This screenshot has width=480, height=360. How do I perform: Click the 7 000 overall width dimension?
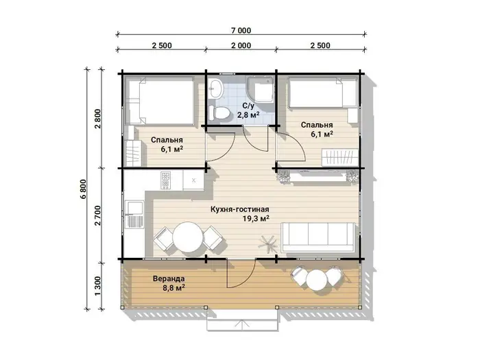[241, 31]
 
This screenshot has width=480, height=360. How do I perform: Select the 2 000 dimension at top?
[241, 46]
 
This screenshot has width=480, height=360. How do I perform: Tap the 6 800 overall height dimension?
[83, 189]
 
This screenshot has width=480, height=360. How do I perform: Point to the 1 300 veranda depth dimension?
[97, 286]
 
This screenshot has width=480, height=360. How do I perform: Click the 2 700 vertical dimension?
[97, 215]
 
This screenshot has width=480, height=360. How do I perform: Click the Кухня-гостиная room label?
[240, 209]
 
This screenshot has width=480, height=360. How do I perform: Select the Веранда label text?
[169, 279]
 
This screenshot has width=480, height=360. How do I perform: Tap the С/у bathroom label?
[248, 106]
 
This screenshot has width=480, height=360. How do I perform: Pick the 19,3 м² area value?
[256, 219]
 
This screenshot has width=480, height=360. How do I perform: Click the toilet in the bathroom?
[219, 113]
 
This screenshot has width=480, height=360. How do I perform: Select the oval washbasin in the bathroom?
[216, 88]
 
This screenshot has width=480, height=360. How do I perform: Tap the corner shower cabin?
[260, 89]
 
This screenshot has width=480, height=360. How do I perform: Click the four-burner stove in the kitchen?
[166, 180]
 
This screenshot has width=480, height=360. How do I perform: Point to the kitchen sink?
[134, 214]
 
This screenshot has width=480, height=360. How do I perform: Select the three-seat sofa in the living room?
[318, 237]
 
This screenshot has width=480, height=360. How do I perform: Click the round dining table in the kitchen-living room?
[188, 237]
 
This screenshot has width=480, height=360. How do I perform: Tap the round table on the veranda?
[316, 280]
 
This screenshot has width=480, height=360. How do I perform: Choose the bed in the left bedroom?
[160, 101]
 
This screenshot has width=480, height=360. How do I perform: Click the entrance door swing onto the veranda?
[241, 274]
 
